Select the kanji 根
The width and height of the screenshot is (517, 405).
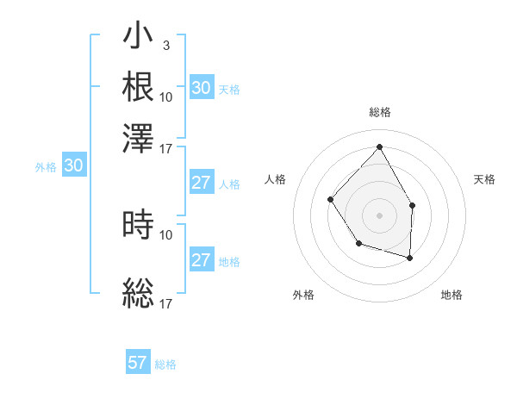pos(138,87)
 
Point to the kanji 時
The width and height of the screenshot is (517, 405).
pos(138,226)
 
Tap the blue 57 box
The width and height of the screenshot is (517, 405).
pos(138,363)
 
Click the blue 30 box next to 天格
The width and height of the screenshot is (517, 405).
pos(202,88)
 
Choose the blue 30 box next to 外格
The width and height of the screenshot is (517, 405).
pos(74,166)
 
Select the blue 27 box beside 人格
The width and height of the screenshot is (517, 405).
pos(202,183)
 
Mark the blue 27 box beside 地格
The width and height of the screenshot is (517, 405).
pos(202,260)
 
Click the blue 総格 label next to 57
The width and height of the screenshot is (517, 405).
pos(165,364)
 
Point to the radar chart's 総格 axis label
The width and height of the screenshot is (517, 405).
pos(379,112)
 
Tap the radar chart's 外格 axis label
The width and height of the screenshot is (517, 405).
pos(303,296)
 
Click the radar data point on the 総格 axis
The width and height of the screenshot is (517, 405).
pos(379,146)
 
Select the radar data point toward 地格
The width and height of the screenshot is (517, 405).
pos(410,258)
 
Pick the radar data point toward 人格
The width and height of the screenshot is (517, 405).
pos(331,200)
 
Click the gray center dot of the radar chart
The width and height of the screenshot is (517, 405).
pos(379,215)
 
